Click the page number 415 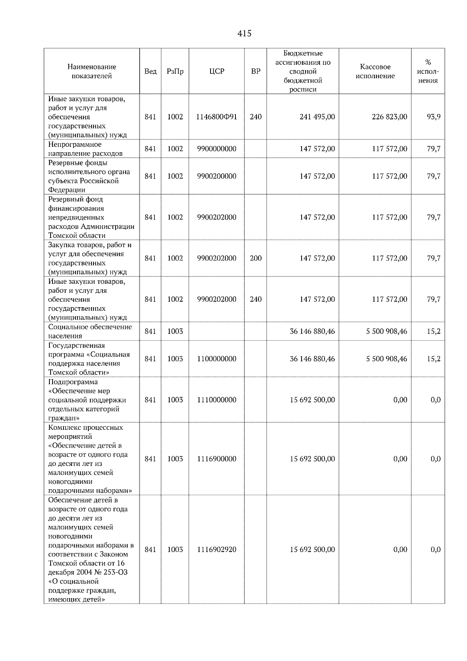(x=244, y=34)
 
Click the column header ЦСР (x=217, y=72)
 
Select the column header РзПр (x=175, y=72)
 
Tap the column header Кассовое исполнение (x=375, y=72)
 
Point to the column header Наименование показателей (x=92, y=72)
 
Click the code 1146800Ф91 (x=217, y=117)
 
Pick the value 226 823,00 (x=390, y=117)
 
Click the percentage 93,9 (x=434, y=117)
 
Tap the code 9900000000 (x=217, y=149)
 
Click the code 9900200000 (x=217, y=176)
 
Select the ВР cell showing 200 (x=256, y=258)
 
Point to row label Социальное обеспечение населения (x=90, y=331)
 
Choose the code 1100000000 (x=217, y=359)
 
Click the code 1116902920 (x=217, y=550)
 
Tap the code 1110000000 (x=217, y=400)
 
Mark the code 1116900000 (x=217, y=459)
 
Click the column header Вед (x=150, y=72)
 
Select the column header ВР (x=256, y=72)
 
